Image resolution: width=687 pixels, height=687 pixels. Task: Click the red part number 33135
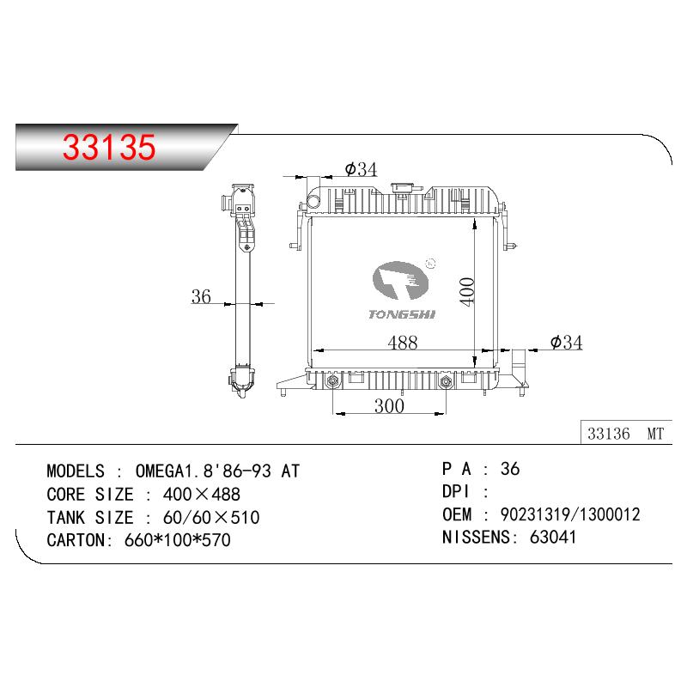point(109,147)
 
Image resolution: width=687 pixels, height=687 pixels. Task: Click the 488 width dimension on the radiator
point(402,342)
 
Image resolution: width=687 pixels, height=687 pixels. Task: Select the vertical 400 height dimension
point(467,292)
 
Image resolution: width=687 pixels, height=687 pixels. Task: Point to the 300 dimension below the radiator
point(389,406)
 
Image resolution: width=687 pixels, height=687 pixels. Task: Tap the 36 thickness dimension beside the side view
point(201,296)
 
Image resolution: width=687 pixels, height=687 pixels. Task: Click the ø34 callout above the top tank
point(361,169)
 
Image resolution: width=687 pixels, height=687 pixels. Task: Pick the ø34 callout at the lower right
point(566,342)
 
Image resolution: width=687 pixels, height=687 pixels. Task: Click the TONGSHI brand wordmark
point(402,314)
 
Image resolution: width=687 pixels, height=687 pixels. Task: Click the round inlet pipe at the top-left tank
point(313,201)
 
